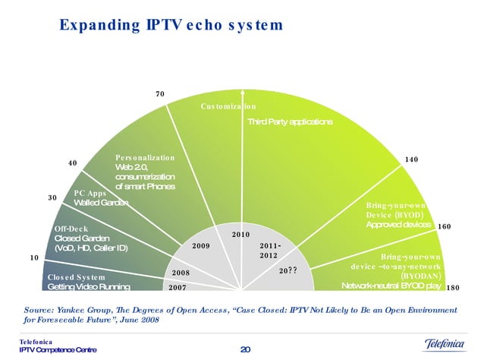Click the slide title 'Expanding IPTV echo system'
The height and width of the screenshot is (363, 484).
(x=171, y=25)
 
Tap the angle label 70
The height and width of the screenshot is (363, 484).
(x=160, y=94)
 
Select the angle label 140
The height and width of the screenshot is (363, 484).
(x=412, y=160)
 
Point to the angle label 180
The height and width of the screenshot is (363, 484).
(x=452, y=288)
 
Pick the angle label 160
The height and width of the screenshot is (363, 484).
(x=445, y=226)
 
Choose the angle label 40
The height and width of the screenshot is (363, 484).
(x=73, y=163)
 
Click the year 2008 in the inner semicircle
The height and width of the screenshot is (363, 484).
(x=181, y=272)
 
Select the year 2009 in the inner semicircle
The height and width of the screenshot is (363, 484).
(x=201, y=246)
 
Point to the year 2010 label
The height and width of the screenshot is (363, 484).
(x=241, y=235)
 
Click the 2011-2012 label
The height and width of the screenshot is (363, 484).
(x=271, y=251)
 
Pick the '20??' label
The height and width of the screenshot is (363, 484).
(x=288, y=270)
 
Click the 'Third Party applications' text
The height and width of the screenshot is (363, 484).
(x=290, y=122)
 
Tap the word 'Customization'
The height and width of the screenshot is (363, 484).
(x=228, y=107)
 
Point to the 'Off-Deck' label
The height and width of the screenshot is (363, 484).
(x=72, y=229)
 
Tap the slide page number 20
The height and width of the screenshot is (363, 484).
(x=244, y=349)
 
